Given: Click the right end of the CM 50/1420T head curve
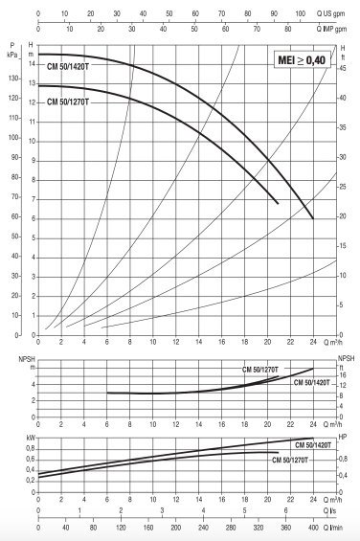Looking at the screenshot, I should [313, 218].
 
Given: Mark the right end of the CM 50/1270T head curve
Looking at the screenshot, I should [278, 203].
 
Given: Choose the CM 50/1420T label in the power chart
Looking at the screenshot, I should [313, 446].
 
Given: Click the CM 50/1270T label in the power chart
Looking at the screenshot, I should [295, 461].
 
